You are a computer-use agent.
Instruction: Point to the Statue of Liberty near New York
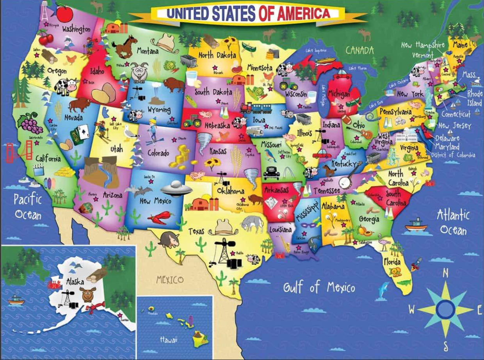pyautogui.click(x=428, y=97)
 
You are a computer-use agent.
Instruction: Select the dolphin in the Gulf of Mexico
pyautogui.click(x=384, y=291)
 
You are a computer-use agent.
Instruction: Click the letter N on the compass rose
pyautogui.click(x=445, y=273)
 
